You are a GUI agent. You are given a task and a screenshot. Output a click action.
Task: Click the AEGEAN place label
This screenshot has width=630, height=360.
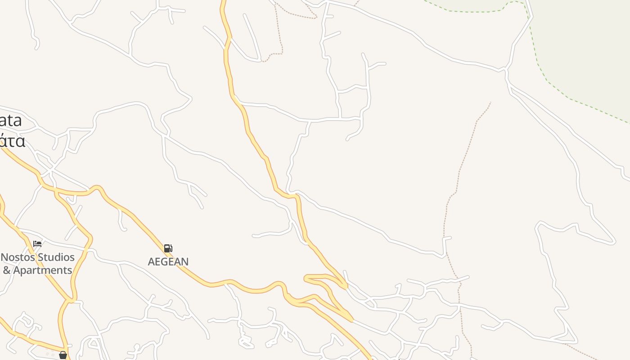tap(168, 261)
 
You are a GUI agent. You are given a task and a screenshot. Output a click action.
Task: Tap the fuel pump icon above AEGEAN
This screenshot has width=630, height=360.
tap(168, 248)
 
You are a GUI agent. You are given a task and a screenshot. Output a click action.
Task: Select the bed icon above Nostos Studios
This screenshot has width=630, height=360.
tap(37, 244)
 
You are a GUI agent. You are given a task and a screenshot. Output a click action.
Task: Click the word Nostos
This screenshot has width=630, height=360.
tap(18, 257)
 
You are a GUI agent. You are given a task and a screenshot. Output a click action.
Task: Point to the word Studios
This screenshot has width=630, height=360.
tap(57, 257)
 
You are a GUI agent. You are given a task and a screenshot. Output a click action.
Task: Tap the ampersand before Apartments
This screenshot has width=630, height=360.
tap(7, 270)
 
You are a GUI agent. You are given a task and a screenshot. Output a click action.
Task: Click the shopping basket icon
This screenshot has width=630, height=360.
tap(63, 355)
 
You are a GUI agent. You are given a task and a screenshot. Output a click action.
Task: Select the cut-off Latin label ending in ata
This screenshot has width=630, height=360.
tap(11, 121)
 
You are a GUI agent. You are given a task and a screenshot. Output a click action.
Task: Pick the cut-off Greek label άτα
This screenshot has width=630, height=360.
tap(12, 141)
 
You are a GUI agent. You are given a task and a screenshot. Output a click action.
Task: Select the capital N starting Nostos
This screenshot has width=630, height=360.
tap(5, 257)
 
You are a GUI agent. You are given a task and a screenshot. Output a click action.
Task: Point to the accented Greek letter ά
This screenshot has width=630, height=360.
tap(4, 141)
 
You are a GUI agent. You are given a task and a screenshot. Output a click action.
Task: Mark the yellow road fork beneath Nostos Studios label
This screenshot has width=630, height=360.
tap(71, 299)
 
